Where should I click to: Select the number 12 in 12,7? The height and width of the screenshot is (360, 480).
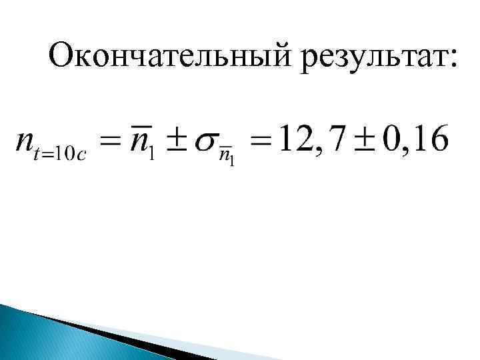(x=295, y=138)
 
